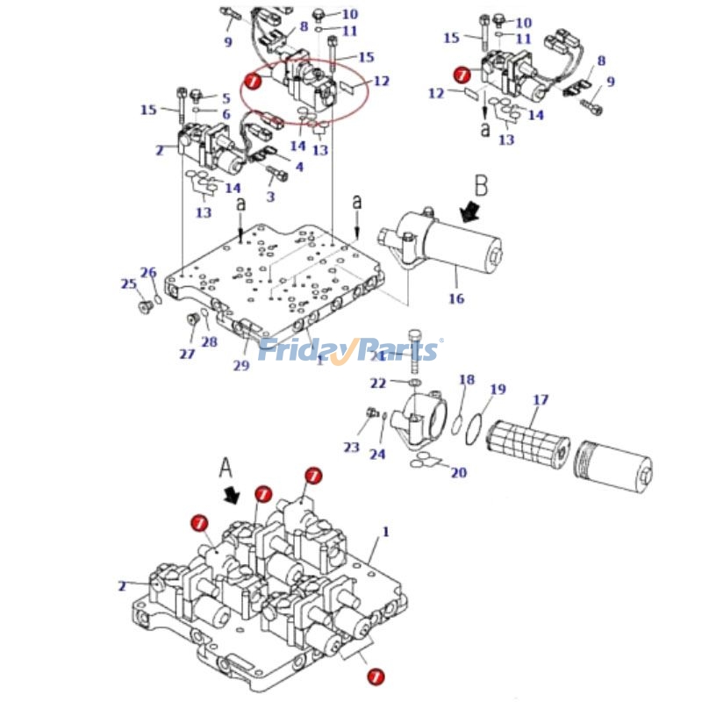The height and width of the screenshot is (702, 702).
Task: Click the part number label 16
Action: click(x=456, y=299)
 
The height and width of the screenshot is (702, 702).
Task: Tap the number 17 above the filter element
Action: click(x=541, y=400)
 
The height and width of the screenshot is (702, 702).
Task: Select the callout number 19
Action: click(x=498, y=390)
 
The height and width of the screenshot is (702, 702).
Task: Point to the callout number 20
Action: click(x=458, y=473)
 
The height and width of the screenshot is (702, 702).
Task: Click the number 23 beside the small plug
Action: click(x=351, y=448)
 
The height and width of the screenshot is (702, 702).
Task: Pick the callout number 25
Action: click(x=128, y=283)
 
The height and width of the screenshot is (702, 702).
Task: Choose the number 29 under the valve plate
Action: click(x=240, y=365)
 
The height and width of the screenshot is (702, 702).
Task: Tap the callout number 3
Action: click(x=269, y=197)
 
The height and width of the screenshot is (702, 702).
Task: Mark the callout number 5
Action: click(x=225, y=98)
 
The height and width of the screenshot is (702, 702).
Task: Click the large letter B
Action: click(x=481, y=185)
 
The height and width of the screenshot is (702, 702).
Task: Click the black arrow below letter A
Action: click(x=233, y=496)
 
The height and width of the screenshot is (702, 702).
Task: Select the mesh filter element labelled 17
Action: click(x=528, y=440)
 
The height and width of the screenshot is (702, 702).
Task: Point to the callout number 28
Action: click(x=209, y=342)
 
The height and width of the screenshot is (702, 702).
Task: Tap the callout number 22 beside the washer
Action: click(x=377, y=383)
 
